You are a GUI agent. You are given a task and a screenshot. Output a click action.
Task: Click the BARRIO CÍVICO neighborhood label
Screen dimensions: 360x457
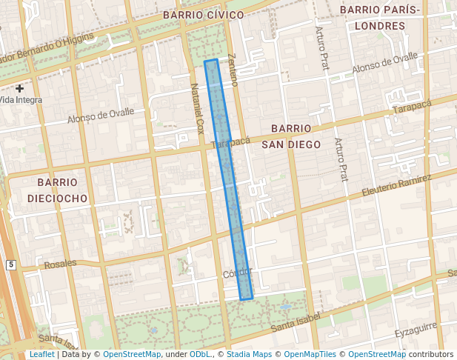point(203,15)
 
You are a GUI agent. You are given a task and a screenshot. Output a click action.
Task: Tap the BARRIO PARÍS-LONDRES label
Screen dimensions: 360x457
point(379,17)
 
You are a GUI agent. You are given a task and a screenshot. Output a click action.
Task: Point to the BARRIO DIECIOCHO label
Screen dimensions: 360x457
point(57,190)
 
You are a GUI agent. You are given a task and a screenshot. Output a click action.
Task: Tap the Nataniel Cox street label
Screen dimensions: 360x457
point(196,107)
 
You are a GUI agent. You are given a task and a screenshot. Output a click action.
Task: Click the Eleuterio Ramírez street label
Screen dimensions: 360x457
point(396,187)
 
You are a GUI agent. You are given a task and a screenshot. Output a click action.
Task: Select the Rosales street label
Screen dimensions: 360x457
point(60,264)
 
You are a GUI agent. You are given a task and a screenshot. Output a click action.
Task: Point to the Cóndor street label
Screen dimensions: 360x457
point(237,273)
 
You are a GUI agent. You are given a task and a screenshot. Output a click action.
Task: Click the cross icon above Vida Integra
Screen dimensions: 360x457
point(20,87)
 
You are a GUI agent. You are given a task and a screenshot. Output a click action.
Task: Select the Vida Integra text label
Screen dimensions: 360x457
point(21,99)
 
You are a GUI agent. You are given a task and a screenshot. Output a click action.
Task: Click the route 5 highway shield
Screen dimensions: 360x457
point(11,264)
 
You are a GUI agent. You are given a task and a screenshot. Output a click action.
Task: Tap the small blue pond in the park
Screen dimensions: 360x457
point(285,306)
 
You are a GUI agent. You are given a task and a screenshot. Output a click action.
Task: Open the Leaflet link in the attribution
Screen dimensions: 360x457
point(41,354)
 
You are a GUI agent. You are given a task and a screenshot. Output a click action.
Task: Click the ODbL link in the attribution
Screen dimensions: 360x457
point(200,354)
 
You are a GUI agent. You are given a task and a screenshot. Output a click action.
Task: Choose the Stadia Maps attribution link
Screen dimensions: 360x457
point(250,354)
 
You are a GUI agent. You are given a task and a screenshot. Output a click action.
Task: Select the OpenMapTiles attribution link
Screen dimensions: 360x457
point(310,354)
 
